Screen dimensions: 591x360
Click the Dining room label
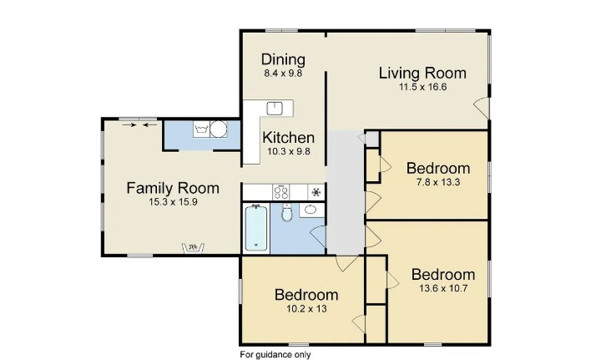tap(283, 59)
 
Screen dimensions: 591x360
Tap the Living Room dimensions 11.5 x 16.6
tap(423, 87)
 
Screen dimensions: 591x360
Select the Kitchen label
tap(288, 138)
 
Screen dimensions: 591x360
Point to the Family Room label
tap(173, 188)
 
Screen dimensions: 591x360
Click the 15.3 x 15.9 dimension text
tap(173, 202)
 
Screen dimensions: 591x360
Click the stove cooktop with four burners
tap(281, 192)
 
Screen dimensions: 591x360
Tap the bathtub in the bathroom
tap(256, 227)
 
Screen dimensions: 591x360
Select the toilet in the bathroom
tap(287, 213)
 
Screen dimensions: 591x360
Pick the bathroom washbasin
tap(311, 209)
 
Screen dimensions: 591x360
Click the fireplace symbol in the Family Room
tap(193, 248)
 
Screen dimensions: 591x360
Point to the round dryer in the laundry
tap(218, 129)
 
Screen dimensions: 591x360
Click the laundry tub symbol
tap(201, 129)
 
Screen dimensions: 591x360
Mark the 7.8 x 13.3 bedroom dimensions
tap(438, 182)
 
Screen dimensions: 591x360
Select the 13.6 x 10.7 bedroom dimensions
tap(443, 288)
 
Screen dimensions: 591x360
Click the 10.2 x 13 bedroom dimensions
tap(306, 309)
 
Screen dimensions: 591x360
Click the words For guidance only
tap(275, 355)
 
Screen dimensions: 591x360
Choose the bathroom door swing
tap(317, 236)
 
